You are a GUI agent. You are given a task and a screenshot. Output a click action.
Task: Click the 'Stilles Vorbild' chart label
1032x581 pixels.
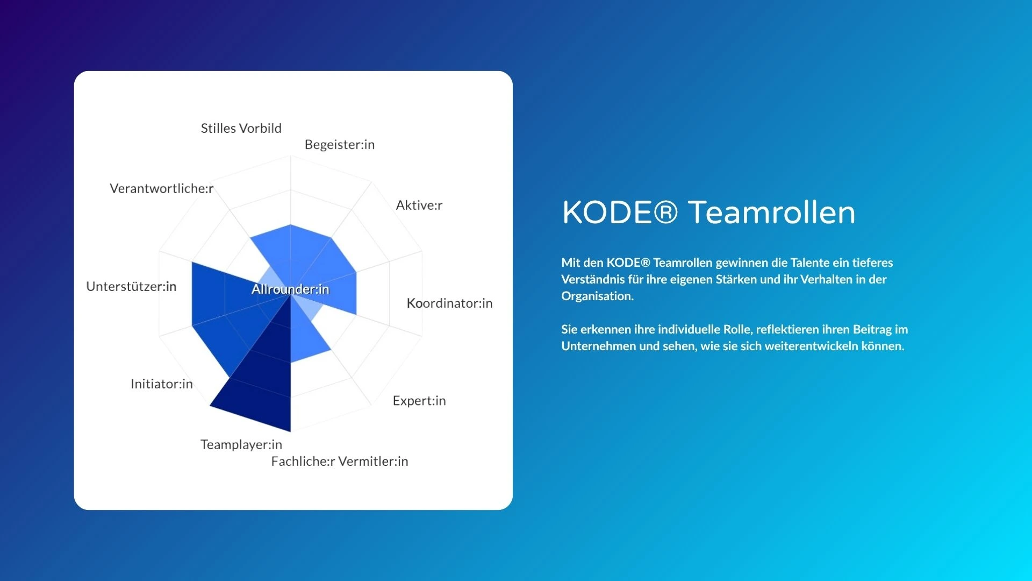(241, 129)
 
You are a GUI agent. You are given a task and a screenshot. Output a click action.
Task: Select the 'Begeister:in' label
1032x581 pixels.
(340, 145)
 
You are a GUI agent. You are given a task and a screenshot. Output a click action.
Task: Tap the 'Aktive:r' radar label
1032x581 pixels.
(419, 205)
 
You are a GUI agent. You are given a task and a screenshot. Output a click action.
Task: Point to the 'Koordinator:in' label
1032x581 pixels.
(449, 303)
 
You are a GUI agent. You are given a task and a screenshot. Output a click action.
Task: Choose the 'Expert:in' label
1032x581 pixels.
(419, 401)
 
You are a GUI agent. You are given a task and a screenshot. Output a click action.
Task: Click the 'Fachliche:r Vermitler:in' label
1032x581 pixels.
(340, 462)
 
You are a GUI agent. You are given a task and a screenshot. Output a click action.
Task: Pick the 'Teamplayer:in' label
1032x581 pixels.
(241, 445)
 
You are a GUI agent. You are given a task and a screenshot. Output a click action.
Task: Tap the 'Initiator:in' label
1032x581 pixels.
(162, 384)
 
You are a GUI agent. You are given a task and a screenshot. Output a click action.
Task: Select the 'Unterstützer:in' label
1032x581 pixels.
(131, 286)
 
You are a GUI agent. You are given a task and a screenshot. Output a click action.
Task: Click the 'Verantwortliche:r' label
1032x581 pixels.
(162, 188)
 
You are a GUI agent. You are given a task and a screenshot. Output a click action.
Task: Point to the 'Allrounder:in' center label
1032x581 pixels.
(290, 289)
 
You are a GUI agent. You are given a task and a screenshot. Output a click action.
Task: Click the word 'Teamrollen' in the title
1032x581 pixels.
(772, 212)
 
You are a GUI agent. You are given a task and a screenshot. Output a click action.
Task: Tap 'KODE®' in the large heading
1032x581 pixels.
(620, 212)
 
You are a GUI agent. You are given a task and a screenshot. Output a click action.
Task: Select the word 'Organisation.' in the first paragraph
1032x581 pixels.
(598, 296)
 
